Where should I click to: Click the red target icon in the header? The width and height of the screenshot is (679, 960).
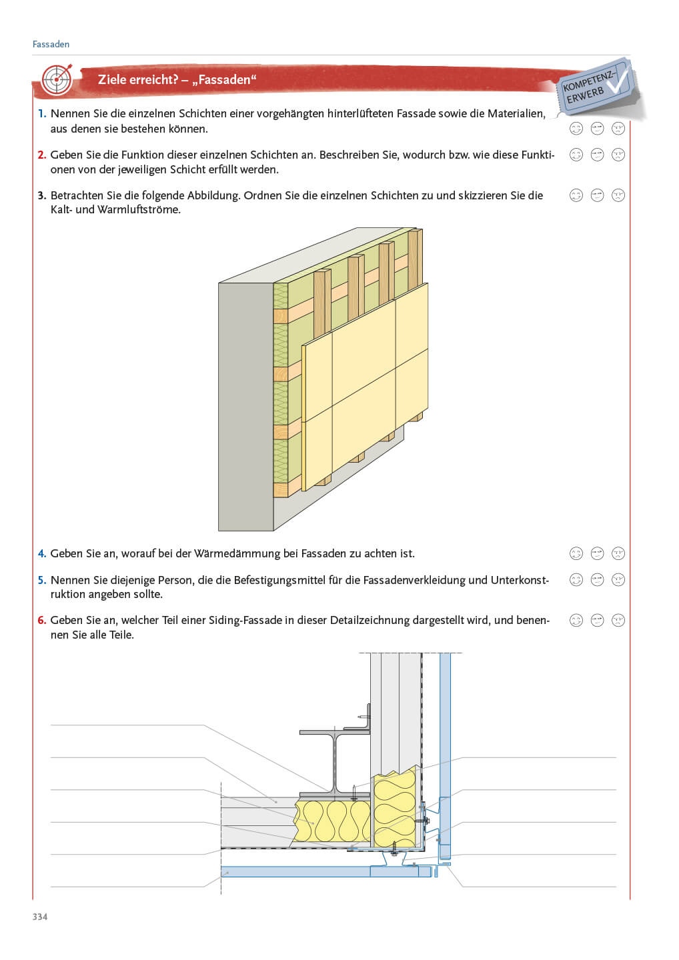coord(56,80)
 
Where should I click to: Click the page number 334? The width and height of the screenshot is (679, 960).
coord(40,917)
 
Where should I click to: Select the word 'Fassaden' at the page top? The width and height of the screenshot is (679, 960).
coord(51,44)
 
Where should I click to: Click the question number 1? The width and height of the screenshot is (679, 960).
coord(42,114)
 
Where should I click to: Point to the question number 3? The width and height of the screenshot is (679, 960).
coord(42,195)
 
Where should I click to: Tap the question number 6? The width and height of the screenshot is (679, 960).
coord(42,620)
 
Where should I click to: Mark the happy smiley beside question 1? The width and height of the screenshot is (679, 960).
coord(576,128)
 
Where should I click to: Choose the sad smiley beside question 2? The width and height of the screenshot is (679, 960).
coord(618,155)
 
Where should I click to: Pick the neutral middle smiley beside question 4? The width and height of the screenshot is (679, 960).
coord(597,553)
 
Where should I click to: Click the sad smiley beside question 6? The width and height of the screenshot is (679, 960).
coord(618,620)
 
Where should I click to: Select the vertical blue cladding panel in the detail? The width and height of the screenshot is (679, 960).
coord(445,733)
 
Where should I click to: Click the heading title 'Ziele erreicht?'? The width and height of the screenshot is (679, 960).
coord(137,80)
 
